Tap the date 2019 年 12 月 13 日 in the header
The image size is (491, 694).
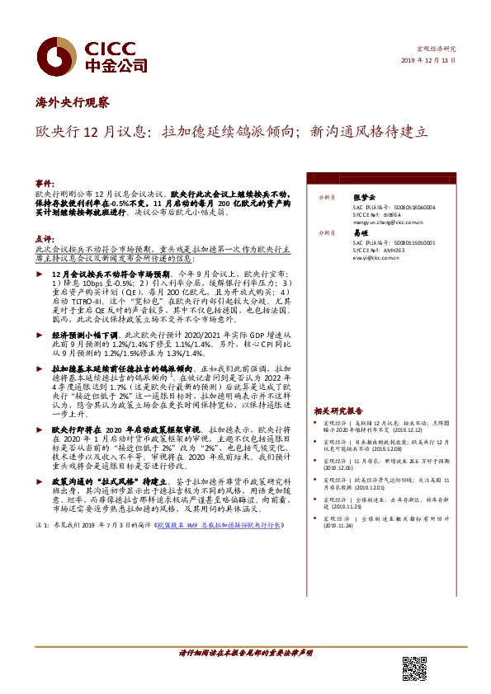pos(427,62)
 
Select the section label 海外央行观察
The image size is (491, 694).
pos(73,103)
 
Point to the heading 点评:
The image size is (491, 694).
pos(45,237)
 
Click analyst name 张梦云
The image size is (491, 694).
pos(364,198)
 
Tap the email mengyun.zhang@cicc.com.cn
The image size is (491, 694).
pos(388,222)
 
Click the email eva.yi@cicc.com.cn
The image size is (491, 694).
pos(375,257)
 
